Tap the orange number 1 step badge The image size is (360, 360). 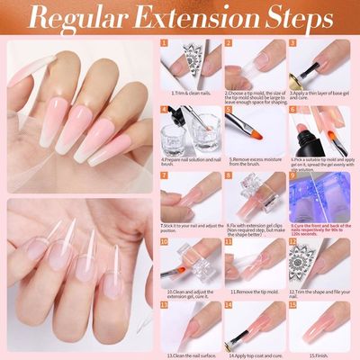(165, 41)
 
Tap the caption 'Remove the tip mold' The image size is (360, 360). (256, 292)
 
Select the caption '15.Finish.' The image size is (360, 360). (321, 356)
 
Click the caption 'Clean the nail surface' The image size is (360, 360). (191, 356)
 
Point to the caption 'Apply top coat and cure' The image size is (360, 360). (256, 356)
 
